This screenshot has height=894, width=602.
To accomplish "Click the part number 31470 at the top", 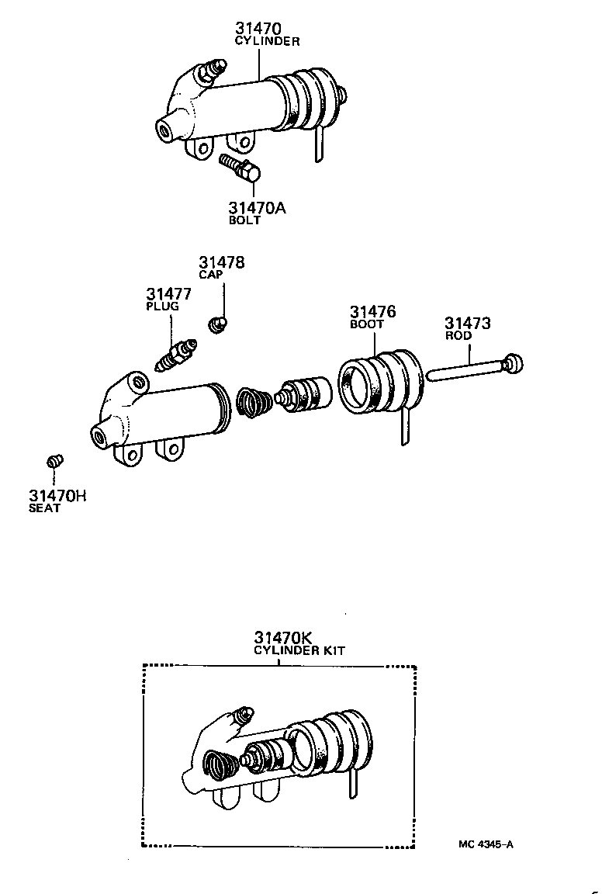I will coord(259,29).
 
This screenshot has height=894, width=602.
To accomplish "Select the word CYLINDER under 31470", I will coord(267,41).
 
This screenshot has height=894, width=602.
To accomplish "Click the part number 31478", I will coord(221,263).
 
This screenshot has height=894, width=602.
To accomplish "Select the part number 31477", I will coord(169,294).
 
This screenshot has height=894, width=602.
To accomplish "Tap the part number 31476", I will coord(372,312).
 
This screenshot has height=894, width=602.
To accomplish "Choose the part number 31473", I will coord(467,324).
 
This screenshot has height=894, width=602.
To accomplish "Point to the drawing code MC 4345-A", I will coord(484,844).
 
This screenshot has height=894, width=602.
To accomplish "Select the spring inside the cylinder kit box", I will coord(220,766).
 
